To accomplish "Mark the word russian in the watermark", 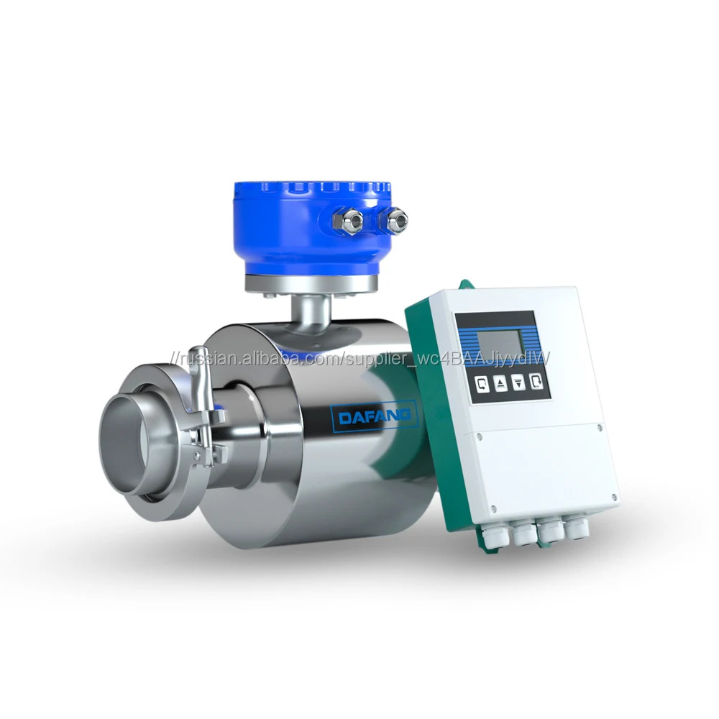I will click(x=209, y=358).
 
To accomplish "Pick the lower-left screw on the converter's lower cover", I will click(x=494, y=510).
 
